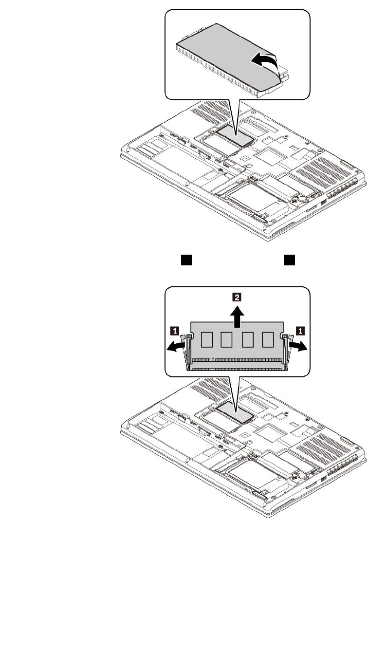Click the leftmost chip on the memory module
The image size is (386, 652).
[206, 339]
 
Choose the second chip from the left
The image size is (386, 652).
[227, 339]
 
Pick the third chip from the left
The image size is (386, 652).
[247, 339]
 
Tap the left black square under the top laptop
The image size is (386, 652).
[185, 260]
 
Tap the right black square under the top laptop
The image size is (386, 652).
[290, 260]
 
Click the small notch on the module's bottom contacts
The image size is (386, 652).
[213, 360]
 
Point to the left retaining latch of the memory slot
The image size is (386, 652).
[185, 351]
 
